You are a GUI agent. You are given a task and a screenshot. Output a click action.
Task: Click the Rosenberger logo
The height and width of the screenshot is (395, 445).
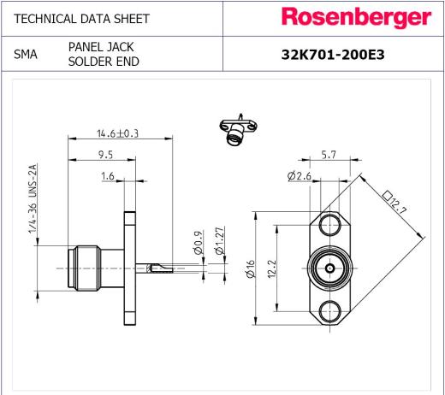[356, 18]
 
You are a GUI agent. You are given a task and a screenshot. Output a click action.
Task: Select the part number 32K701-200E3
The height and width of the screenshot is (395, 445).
[333, 55]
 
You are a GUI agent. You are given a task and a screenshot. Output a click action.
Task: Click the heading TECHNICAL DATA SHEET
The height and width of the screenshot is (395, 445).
[81, 19]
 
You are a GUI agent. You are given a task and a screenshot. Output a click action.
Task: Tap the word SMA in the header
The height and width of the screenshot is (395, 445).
[26, 54]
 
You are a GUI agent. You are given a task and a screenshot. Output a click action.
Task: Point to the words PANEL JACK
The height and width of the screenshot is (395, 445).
[101, 47]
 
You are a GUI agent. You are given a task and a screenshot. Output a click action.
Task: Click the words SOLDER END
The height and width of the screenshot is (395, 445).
[104, 62]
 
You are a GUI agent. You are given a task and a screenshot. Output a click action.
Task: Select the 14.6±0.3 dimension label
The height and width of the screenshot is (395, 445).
[117, 133]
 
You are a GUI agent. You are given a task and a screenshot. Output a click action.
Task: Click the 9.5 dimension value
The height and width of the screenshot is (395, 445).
[105, 155]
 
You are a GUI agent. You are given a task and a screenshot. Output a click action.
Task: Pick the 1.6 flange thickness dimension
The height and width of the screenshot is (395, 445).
[108, 176]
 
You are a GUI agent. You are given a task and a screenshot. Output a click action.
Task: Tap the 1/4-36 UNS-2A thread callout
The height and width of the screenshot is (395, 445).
[33, 198]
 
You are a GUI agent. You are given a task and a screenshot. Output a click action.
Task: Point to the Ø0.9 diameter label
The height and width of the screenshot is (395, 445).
[198, 243]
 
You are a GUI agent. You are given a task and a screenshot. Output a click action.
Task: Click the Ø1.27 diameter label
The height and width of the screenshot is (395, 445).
[220, 240]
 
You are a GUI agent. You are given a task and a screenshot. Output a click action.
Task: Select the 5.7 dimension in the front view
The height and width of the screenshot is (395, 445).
[329, 155]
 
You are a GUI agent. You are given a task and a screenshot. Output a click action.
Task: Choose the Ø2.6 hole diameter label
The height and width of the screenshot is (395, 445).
[300, 176]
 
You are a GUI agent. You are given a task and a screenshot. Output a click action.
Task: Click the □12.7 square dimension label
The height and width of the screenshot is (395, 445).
[395, 203]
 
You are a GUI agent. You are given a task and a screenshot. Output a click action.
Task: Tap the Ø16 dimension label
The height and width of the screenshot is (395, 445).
[250, 268]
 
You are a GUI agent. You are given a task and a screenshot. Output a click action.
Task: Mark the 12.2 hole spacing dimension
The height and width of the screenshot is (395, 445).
[272, 268]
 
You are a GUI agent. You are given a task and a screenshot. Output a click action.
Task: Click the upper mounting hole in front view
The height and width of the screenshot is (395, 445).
[330, 225]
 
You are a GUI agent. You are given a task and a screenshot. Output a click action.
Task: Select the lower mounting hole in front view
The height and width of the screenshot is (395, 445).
[330, 311]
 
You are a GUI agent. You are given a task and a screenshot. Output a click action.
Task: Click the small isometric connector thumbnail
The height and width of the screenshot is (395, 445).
[238, 130]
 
